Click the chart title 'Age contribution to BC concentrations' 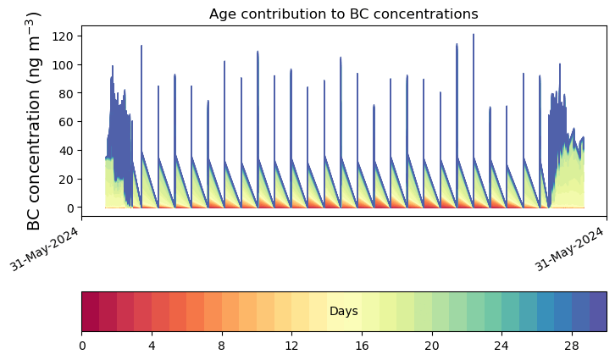click(343, 14)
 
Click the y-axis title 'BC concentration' click(34, 120)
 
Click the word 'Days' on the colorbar click(344, 312)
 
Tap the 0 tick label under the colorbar click(82, 346)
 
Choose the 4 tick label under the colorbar click(152, 346)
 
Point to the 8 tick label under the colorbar click(222, 346)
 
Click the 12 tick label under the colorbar click(292, 346)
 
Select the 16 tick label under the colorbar click(362, 346)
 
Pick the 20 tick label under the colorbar click(432, 346)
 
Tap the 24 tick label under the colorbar click(501, 346)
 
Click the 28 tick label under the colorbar click(572, 346)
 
